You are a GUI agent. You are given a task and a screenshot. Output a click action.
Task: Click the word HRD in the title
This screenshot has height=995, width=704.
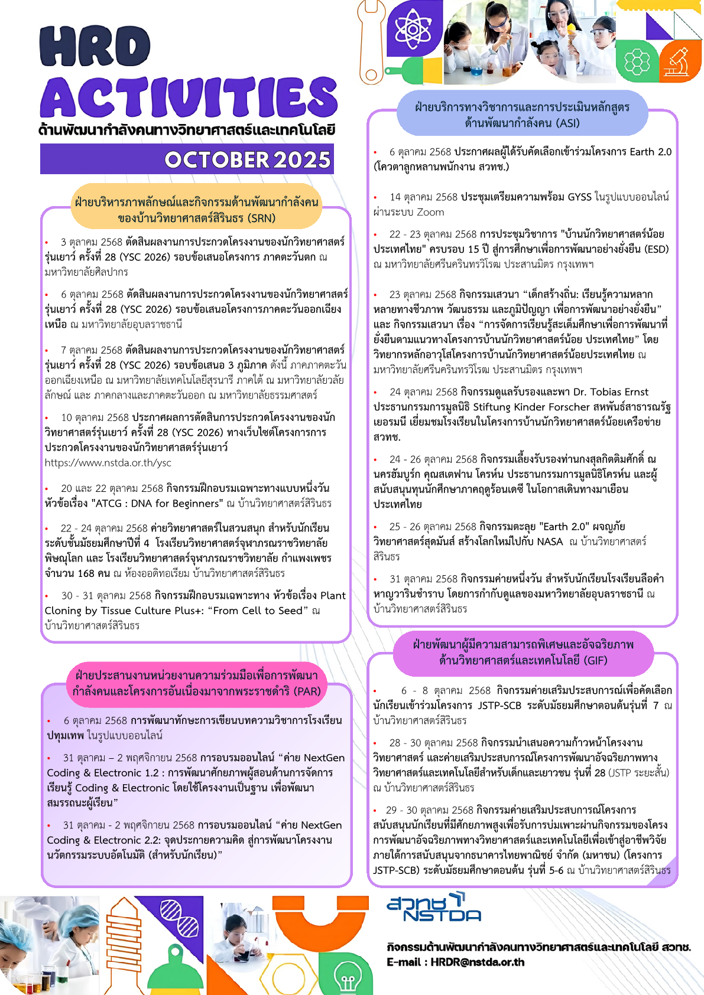[x=95, y=47]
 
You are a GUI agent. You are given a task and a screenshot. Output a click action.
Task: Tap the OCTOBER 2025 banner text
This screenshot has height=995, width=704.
[x=247, y=159]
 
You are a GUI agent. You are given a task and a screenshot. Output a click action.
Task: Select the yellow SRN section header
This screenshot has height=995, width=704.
[x=196, y=210]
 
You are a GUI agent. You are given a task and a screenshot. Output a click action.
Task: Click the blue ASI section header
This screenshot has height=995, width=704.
[x=522, y=115]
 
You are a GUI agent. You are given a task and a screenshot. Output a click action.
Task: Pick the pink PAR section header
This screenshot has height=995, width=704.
[x=196, y=683]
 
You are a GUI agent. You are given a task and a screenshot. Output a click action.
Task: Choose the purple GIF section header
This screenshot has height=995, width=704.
[x=523, y=653]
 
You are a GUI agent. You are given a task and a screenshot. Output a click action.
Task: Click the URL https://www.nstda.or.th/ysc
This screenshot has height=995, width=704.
[x=108, y=463]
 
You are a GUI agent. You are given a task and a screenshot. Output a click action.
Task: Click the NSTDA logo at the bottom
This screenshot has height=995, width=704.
[x=434, y=908]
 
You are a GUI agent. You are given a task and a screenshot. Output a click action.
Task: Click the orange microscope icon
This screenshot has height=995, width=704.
[x=680, y=62]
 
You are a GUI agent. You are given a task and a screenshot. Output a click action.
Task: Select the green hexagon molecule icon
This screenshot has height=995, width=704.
[x=637, y=61]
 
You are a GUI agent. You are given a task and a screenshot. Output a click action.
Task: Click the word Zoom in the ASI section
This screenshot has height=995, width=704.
[x=430, y=212]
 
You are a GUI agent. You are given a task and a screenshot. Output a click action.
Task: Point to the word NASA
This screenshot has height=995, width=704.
[x=549, y=541]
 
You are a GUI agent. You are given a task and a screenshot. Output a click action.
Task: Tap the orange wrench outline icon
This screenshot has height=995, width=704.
[x=372, y=41]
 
